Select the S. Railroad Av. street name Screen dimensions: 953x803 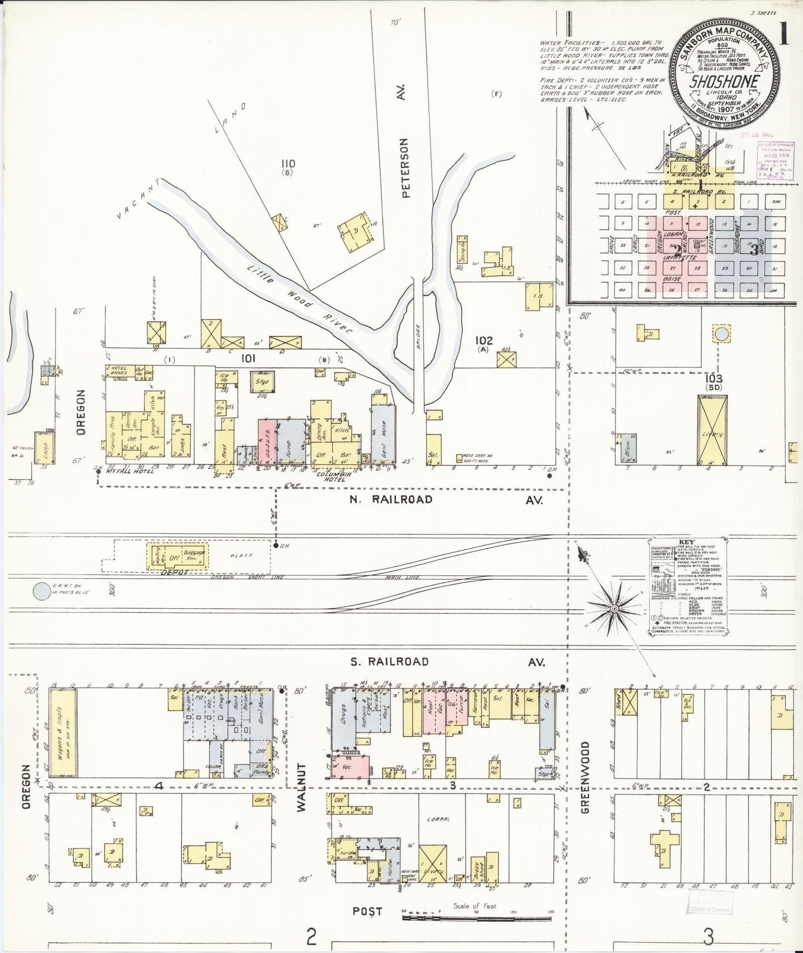point(389,661)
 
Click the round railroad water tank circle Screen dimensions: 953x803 point(42,592)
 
